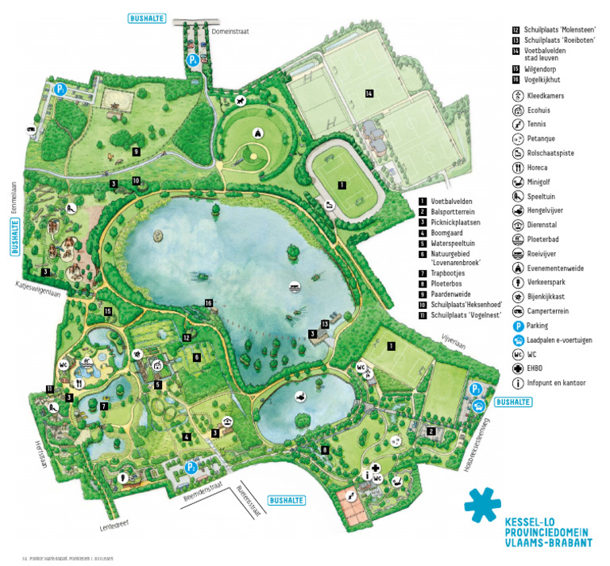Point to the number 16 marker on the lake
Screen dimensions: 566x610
pyautogui.click(x=208, y=302)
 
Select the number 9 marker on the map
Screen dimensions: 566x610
pyautogui.click(x=136, y=151)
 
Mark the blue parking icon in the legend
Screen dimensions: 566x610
pyautogui.click(x=517, y=325)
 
